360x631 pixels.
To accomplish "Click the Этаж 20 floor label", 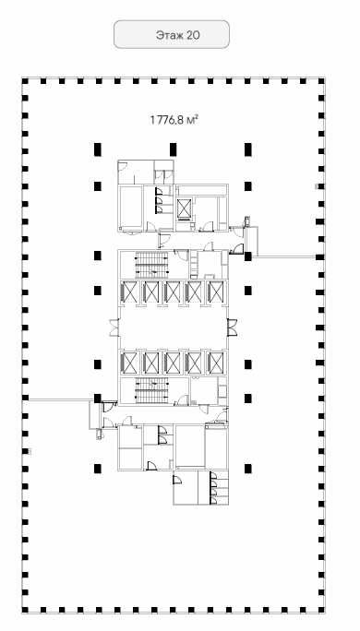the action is click(177, 35).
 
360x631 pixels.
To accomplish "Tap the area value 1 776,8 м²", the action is click(174, 120).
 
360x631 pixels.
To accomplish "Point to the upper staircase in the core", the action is click(151, 265).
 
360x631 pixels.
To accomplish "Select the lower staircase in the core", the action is click(151, 390).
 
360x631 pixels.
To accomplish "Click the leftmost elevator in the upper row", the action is click(129, 292).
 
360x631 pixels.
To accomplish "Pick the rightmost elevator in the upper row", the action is click(216, 292).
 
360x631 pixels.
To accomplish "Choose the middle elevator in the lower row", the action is click(173, 363).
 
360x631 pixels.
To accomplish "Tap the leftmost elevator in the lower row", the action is click(129, 363).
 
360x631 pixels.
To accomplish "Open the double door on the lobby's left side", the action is click(114, 327).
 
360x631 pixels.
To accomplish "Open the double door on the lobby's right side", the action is click(232, 327).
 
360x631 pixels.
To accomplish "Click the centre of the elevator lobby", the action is click(174, 327).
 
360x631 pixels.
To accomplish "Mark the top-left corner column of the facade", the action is click(25, 81).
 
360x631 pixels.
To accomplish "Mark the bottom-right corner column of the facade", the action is click(321, 610).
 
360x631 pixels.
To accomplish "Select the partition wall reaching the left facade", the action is click(61, 399).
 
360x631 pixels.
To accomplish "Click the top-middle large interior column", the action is click(173, 149).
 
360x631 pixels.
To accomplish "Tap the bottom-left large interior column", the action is click(98, 469).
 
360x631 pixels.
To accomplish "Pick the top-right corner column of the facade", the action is click(321, 81).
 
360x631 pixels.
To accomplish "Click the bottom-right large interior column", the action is click(248, 469).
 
